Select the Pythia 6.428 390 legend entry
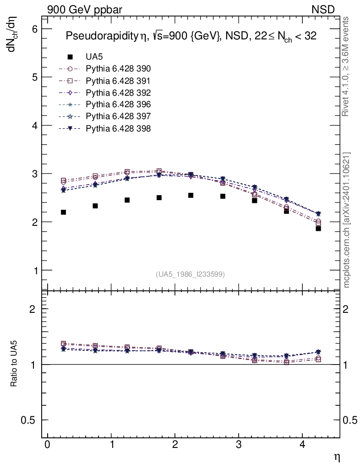[x=118, y=69]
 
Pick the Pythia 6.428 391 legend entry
[x=118, y=81]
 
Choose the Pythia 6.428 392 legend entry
[x=118, y=93]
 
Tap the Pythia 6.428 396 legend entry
[x=118, y=104]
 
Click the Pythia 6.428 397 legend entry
[x=118, y=116]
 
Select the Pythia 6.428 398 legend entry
[x=118, y=128]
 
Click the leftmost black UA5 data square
[x=63, y=212]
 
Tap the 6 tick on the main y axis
[x=34, y=29]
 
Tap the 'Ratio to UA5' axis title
[x=14, y=364]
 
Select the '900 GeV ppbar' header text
[x=85, y=8]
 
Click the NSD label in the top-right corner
[x=323, y=8]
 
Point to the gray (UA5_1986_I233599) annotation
[x=191, y=274]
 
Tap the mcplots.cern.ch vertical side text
[x=347, y=220]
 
